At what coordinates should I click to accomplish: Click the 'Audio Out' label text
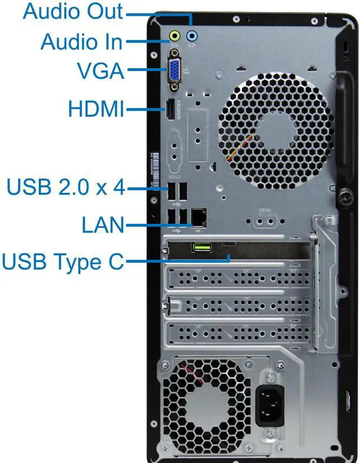[73, 11]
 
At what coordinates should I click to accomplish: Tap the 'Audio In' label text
[82, 41]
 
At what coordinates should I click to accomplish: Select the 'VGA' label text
[100, 71]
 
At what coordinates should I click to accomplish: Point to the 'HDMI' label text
[95, 108]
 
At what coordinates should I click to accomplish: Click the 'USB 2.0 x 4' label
[65, 187]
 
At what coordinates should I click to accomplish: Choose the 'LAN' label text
[102, 225]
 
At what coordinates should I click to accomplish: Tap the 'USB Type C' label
[62, 261]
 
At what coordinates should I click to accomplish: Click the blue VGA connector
[174, 69]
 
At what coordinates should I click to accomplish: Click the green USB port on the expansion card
[202, 246]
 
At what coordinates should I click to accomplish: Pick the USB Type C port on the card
[229, 244]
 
